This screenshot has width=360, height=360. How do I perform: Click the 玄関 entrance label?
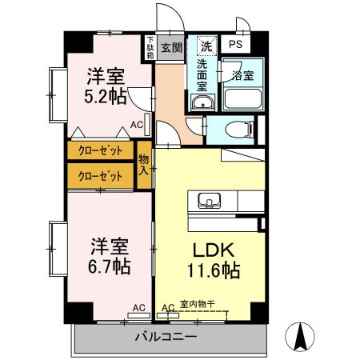pos(171,47)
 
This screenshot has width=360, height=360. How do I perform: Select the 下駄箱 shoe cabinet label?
pos(150,48)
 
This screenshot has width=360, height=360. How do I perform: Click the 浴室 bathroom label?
pos(243,76)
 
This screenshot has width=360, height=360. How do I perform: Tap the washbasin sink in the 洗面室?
pos(202,102)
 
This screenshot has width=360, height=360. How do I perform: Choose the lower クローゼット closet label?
pos(100,175)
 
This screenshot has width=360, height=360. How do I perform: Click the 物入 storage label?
pos(144,163)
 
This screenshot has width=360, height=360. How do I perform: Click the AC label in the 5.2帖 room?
pos(137,125)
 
